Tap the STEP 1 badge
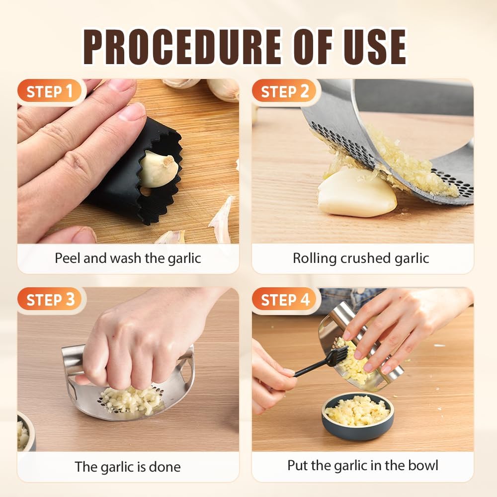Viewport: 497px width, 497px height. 50,91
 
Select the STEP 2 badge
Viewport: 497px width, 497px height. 284,91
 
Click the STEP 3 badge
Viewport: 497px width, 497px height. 50,300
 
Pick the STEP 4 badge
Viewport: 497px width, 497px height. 284,300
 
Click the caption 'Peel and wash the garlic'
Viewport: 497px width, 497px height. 128,258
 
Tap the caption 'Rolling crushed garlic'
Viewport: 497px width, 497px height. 361,258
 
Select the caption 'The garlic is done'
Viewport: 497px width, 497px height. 128,467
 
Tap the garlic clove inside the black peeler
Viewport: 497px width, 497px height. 158,169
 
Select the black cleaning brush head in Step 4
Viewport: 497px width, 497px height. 337,356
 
